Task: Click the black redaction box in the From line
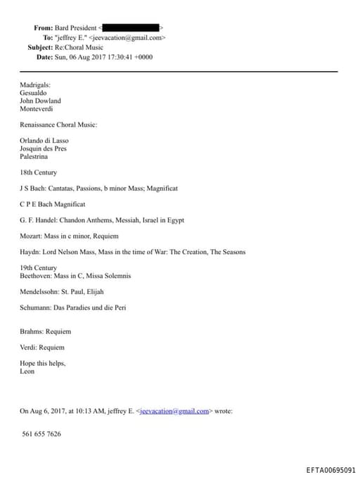[132, 28]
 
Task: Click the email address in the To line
[130, 38]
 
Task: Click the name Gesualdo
[34, 92]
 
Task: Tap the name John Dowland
[40, 101]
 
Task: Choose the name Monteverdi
[37, 109]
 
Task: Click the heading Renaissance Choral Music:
[58, 125]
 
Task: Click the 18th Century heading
[39, 172]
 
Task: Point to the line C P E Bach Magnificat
[53, 204]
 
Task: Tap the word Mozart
[31, 236]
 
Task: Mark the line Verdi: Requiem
[42, 347]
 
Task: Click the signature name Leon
[27, 371]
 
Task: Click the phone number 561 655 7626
[41, 433]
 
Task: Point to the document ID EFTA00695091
[330, 469]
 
